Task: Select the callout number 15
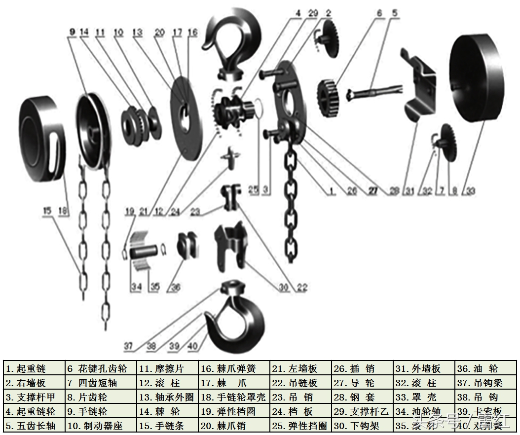click(47, 211)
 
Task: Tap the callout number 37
click(128, 347)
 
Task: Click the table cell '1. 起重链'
click(35, 368)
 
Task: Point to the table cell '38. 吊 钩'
click(486, 397)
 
